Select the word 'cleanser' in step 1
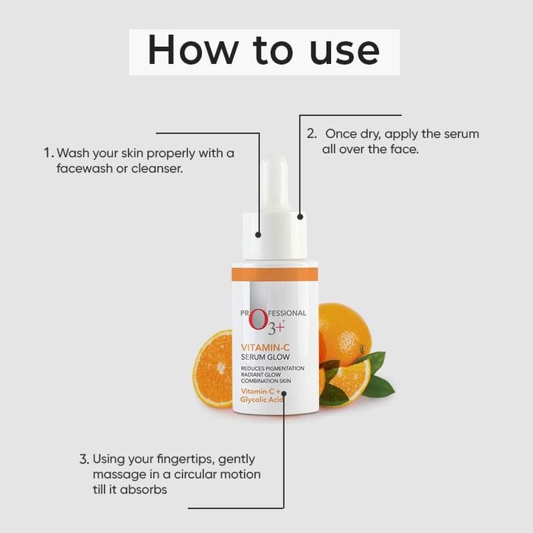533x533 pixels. pos(157,169)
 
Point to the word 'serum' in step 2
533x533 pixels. pos(462,134)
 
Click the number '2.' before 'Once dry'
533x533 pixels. pos(312,134)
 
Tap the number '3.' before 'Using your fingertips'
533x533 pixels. pos(84,459)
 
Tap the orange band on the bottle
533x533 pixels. pos(274,274)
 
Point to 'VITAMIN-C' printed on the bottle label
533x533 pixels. pos(265,348)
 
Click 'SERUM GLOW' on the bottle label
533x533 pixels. pos(265,357)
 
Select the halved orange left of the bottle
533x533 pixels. pos(212,369)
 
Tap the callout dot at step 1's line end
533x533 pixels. pos(258,235)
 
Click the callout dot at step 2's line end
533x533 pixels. pos(300,217)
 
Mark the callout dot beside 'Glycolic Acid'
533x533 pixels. pos(284,394)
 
